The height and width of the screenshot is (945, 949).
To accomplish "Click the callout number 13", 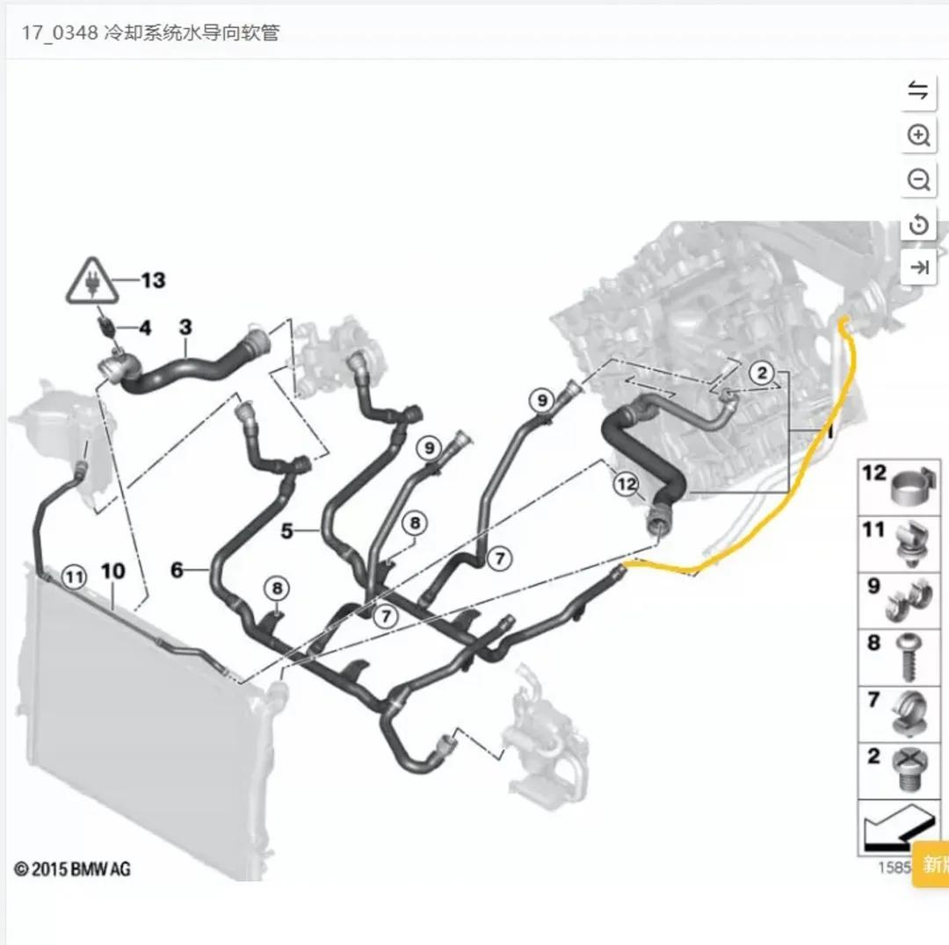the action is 153,280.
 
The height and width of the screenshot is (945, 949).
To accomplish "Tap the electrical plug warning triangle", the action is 91,282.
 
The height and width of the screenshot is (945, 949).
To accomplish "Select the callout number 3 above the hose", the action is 185,328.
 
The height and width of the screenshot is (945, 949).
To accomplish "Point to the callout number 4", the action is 144,328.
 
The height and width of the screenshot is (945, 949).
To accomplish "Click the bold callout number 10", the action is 113,572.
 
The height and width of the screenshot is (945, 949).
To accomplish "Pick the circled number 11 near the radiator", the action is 75,577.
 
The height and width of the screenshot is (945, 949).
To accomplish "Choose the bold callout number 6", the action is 177,571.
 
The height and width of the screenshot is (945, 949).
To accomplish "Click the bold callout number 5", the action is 286,530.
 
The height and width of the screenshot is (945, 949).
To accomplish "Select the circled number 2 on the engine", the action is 762,373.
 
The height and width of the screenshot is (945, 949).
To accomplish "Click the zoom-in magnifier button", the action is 918,135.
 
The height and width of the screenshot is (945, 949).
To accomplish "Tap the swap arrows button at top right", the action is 918,90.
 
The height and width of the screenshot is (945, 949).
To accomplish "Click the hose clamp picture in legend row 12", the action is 914,486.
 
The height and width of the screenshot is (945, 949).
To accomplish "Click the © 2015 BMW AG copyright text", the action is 72,869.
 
